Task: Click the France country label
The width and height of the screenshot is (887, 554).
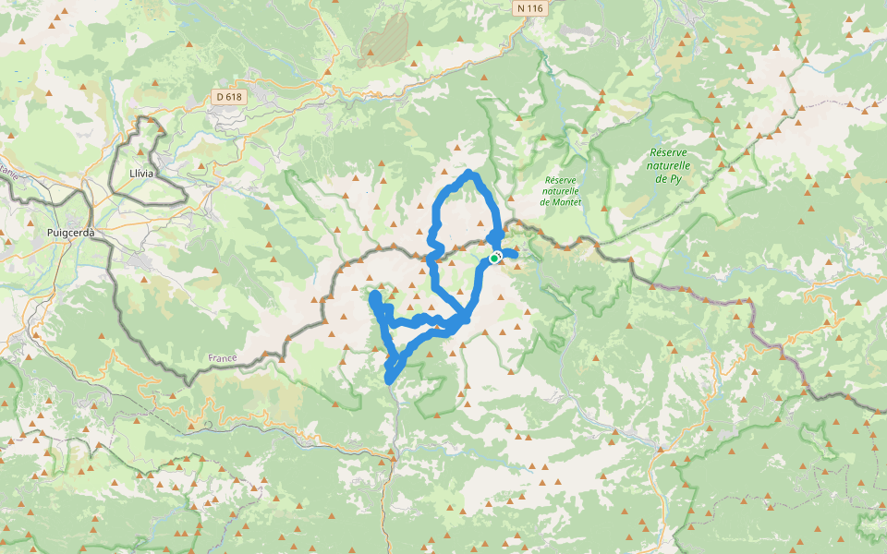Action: pyautogui.click(x=223, y=357)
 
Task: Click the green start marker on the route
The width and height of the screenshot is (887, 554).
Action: pyautogui.click(x=494, y=259)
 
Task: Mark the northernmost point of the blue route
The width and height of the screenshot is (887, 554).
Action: pyautogui.click(x=471, y=173)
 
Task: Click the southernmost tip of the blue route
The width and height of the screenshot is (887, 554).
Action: pyautogui.click(x=389, y=379)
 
